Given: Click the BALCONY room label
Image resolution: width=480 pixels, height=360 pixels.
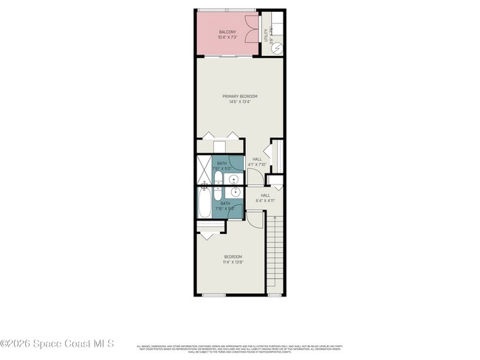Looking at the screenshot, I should (x=227, y=32).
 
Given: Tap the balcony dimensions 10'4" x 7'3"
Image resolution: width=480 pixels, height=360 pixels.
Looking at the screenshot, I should (x=227, y=38).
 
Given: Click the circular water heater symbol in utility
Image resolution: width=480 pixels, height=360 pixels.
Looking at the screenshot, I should (x=277, y=47).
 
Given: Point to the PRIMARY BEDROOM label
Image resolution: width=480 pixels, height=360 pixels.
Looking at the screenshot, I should (x=239, y=96).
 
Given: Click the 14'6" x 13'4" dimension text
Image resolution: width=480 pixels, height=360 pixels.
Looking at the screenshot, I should (x=239, y=102).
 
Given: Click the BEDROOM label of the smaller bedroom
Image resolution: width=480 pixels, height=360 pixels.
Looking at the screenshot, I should (x=233, y=257).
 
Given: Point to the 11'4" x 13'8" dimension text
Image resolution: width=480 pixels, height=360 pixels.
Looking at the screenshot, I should (x=233, y=263).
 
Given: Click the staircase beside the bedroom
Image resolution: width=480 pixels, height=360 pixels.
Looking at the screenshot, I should (x=275, y=255).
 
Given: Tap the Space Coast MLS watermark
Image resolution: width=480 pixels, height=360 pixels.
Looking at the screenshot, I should (x=58, y=344).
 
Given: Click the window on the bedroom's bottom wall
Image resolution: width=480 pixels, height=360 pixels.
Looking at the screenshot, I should (x=213, y=295).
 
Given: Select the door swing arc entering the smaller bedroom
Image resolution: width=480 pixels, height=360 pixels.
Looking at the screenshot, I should (x=253, y=218).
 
